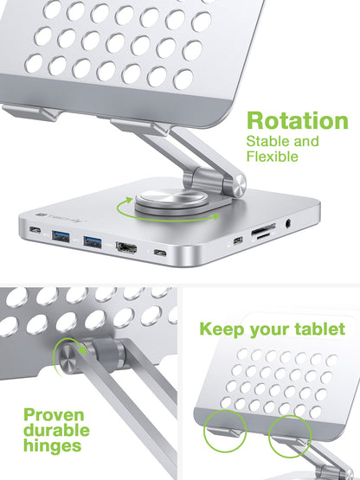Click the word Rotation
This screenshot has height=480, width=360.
[x=297, y=121]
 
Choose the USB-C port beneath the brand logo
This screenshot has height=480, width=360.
[x=35, y=231]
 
